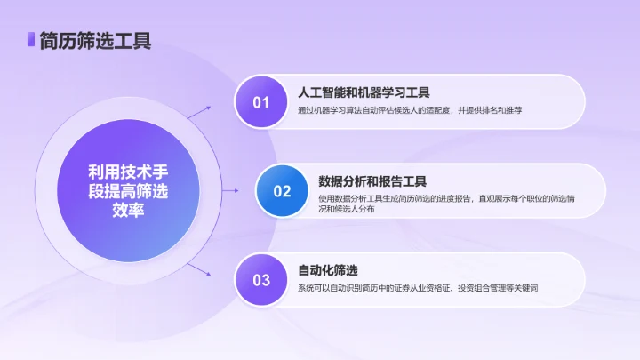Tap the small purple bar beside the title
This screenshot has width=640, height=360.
30,39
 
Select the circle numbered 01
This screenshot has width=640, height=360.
260,101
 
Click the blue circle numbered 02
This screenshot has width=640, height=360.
282,190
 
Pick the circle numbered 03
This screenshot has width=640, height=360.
260,280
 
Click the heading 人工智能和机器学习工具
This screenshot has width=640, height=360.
364,92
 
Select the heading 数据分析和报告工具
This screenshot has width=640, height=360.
373,180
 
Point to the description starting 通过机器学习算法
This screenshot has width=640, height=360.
410,110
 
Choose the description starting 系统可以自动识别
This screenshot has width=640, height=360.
418,289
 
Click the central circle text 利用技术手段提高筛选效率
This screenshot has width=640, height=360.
128,190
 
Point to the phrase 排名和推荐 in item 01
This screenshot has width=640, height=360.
500,110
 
